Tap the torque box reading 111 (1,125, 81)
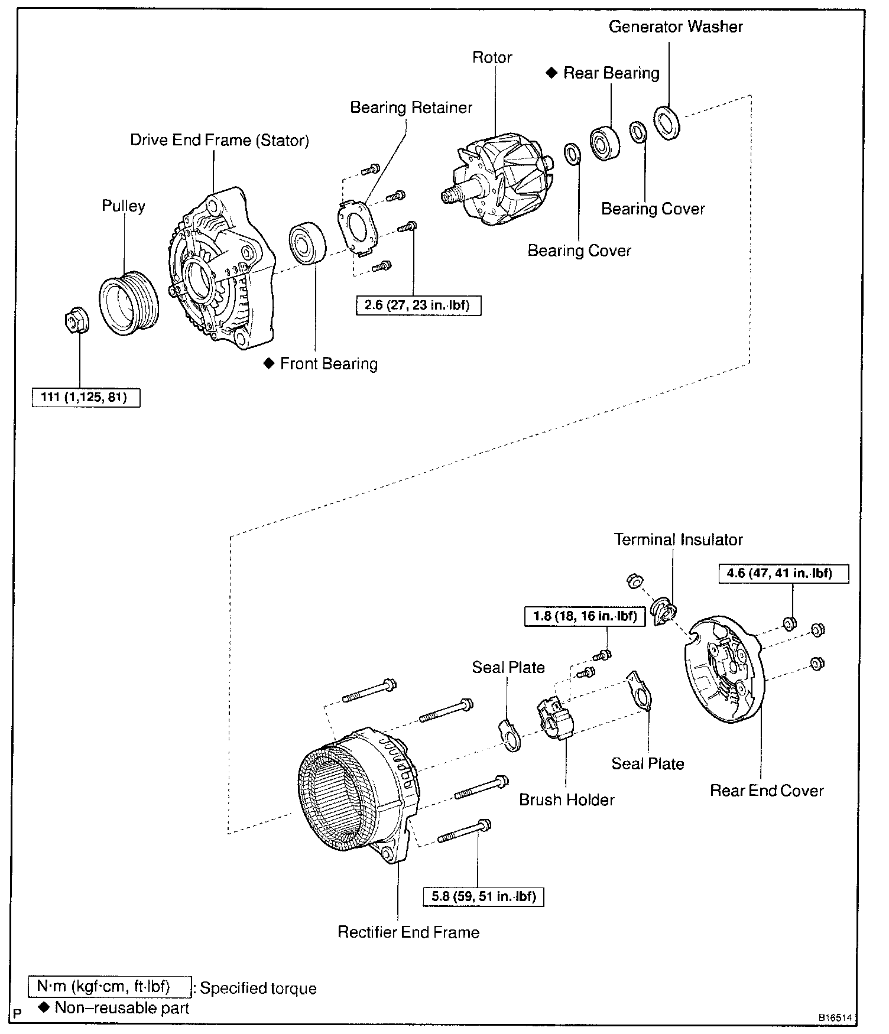pyautogui.click(x=86, y=397)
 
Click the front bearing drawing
pyautogui.click(x=308, y=243)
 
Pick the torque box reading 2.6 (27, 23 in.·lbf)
pyautogui.click(x=418, y=305)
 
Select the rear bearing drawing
pyautogui.click(x=605, y=142)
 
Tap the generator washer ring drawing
pyautogui.click(x=667, y=123)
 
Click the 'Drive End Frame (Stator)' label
pyautogui.click(x=219, y=140)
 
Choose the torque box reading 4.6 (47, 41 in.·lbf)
pyautogui.click(x=783, y=573)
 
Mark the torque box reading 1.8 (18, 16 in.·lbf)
pyautogui.click(x=585, y=617)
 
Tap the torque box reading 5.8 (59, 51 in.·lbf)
pyautogui.click(x=484, y=896)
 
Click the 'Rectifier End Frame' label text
pyautogui.click(x=408, y=932)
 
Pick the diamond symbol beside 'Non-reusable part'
pyautogui.click(x=43, y=1007)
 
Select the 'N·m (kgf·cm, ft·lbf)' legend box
pyautogui.click(x=110, y=986)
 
